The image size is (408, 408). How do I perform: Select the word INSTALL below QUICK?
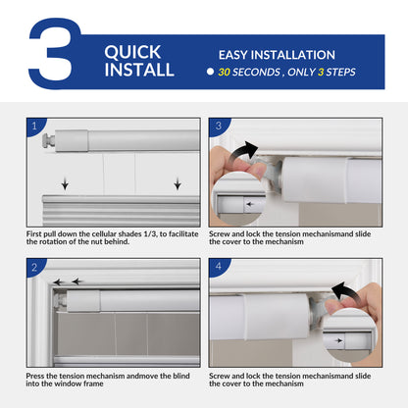tap(139, 70)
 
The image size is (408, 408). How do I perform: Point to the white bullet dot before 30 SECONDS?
tap(210, 73)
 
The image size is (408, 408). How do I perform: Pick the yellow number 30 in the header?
tap(226, 73)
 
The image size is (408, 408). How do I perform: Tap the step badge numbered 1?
tap(37, 127)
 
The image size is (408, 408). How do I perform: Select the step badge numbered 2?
tap(37, 268)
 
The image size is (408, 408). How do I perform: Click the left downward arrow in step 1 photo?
tap(65, 183)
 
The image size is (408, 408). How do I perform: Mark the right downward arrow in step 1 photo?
tap(177, 183)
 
